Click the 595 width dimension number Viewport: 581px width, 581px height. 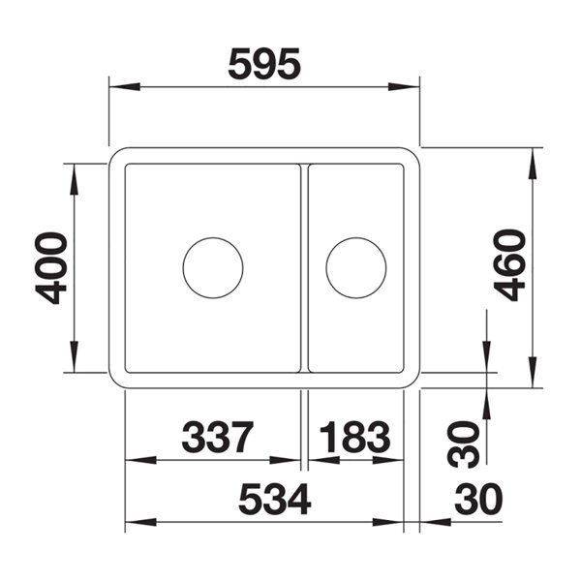[x=264, y=64]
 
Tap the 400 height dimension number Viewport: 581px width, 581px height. [x=50, y=268]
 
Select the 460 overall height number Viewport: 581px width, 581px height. [x=509, y=265]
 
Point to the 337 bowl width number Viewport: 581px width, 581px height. [x=218, y=438]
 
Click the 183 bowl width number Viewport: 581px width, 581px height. [x=354, y=438]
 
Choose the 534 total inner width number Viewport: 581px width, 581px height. [x=275, y=499]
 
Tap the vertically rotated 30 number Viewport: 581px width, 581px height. [x=463, y=443]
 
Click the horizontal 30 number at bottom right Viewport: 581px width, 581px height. [x=478, y=499]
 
